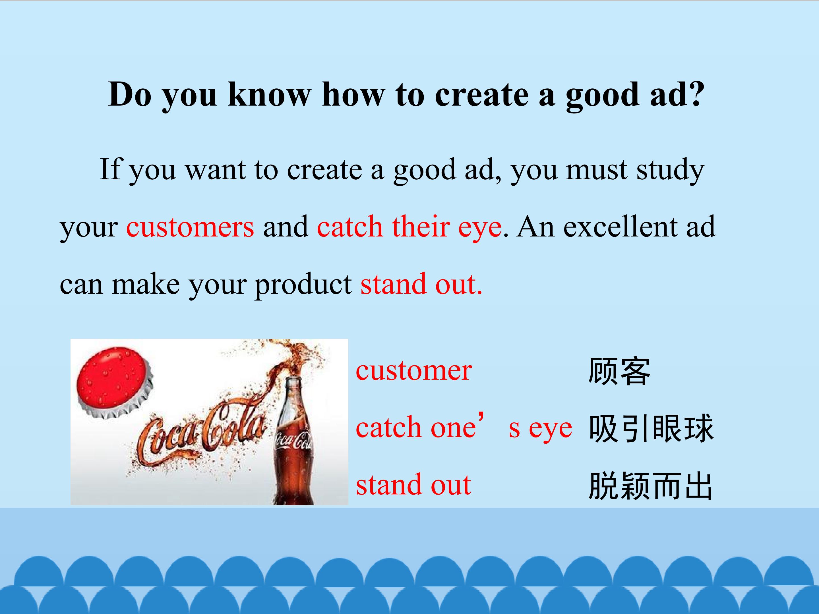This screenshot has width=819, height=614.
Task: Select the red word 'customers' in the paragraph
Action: pos(190,227)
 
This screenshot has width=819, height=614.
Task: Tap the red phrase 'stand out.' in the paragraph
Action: pos(422,284)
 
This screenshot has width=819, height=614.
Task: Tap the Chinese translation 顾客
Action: pos(619,371)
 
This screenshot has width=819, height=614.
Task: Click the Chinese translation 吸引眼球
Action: pos(651,428)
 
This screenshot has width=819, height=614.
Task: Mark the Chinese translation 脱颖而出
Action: pos(650,486)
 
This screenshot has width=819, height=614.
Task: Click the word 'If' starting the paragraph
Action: pos(110,169)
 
